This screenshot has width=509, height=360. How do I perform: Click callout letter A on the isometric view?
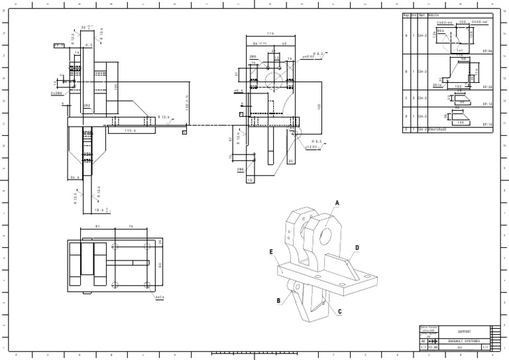pos(337,203)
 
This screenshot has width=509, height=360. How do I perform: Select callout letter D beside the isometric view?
pos(357,248)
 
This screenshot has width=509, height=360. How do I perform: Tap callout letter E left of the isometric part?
pos(271,252)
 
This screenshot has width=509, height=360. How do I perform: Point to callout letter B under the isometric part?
pos(279,300)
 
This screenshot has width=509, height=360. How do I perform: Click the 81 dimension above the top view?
pos(98,227)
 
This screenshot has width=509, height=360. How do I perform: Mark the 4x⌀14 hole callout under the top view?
pos(159,297)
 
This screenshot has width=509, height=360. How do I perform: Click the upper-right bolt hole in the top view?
pos(147,245)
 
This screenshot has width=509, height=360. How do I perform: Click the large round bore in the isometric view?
pos(326,236)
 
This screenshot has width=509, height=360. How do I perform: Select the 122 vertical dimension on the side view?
pos(319,106)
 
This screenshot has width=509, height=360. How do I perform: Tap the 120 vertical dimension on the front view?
pos(116,87)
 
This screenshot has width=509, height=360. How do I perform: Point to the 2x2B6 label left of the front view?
pos(55,93)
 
